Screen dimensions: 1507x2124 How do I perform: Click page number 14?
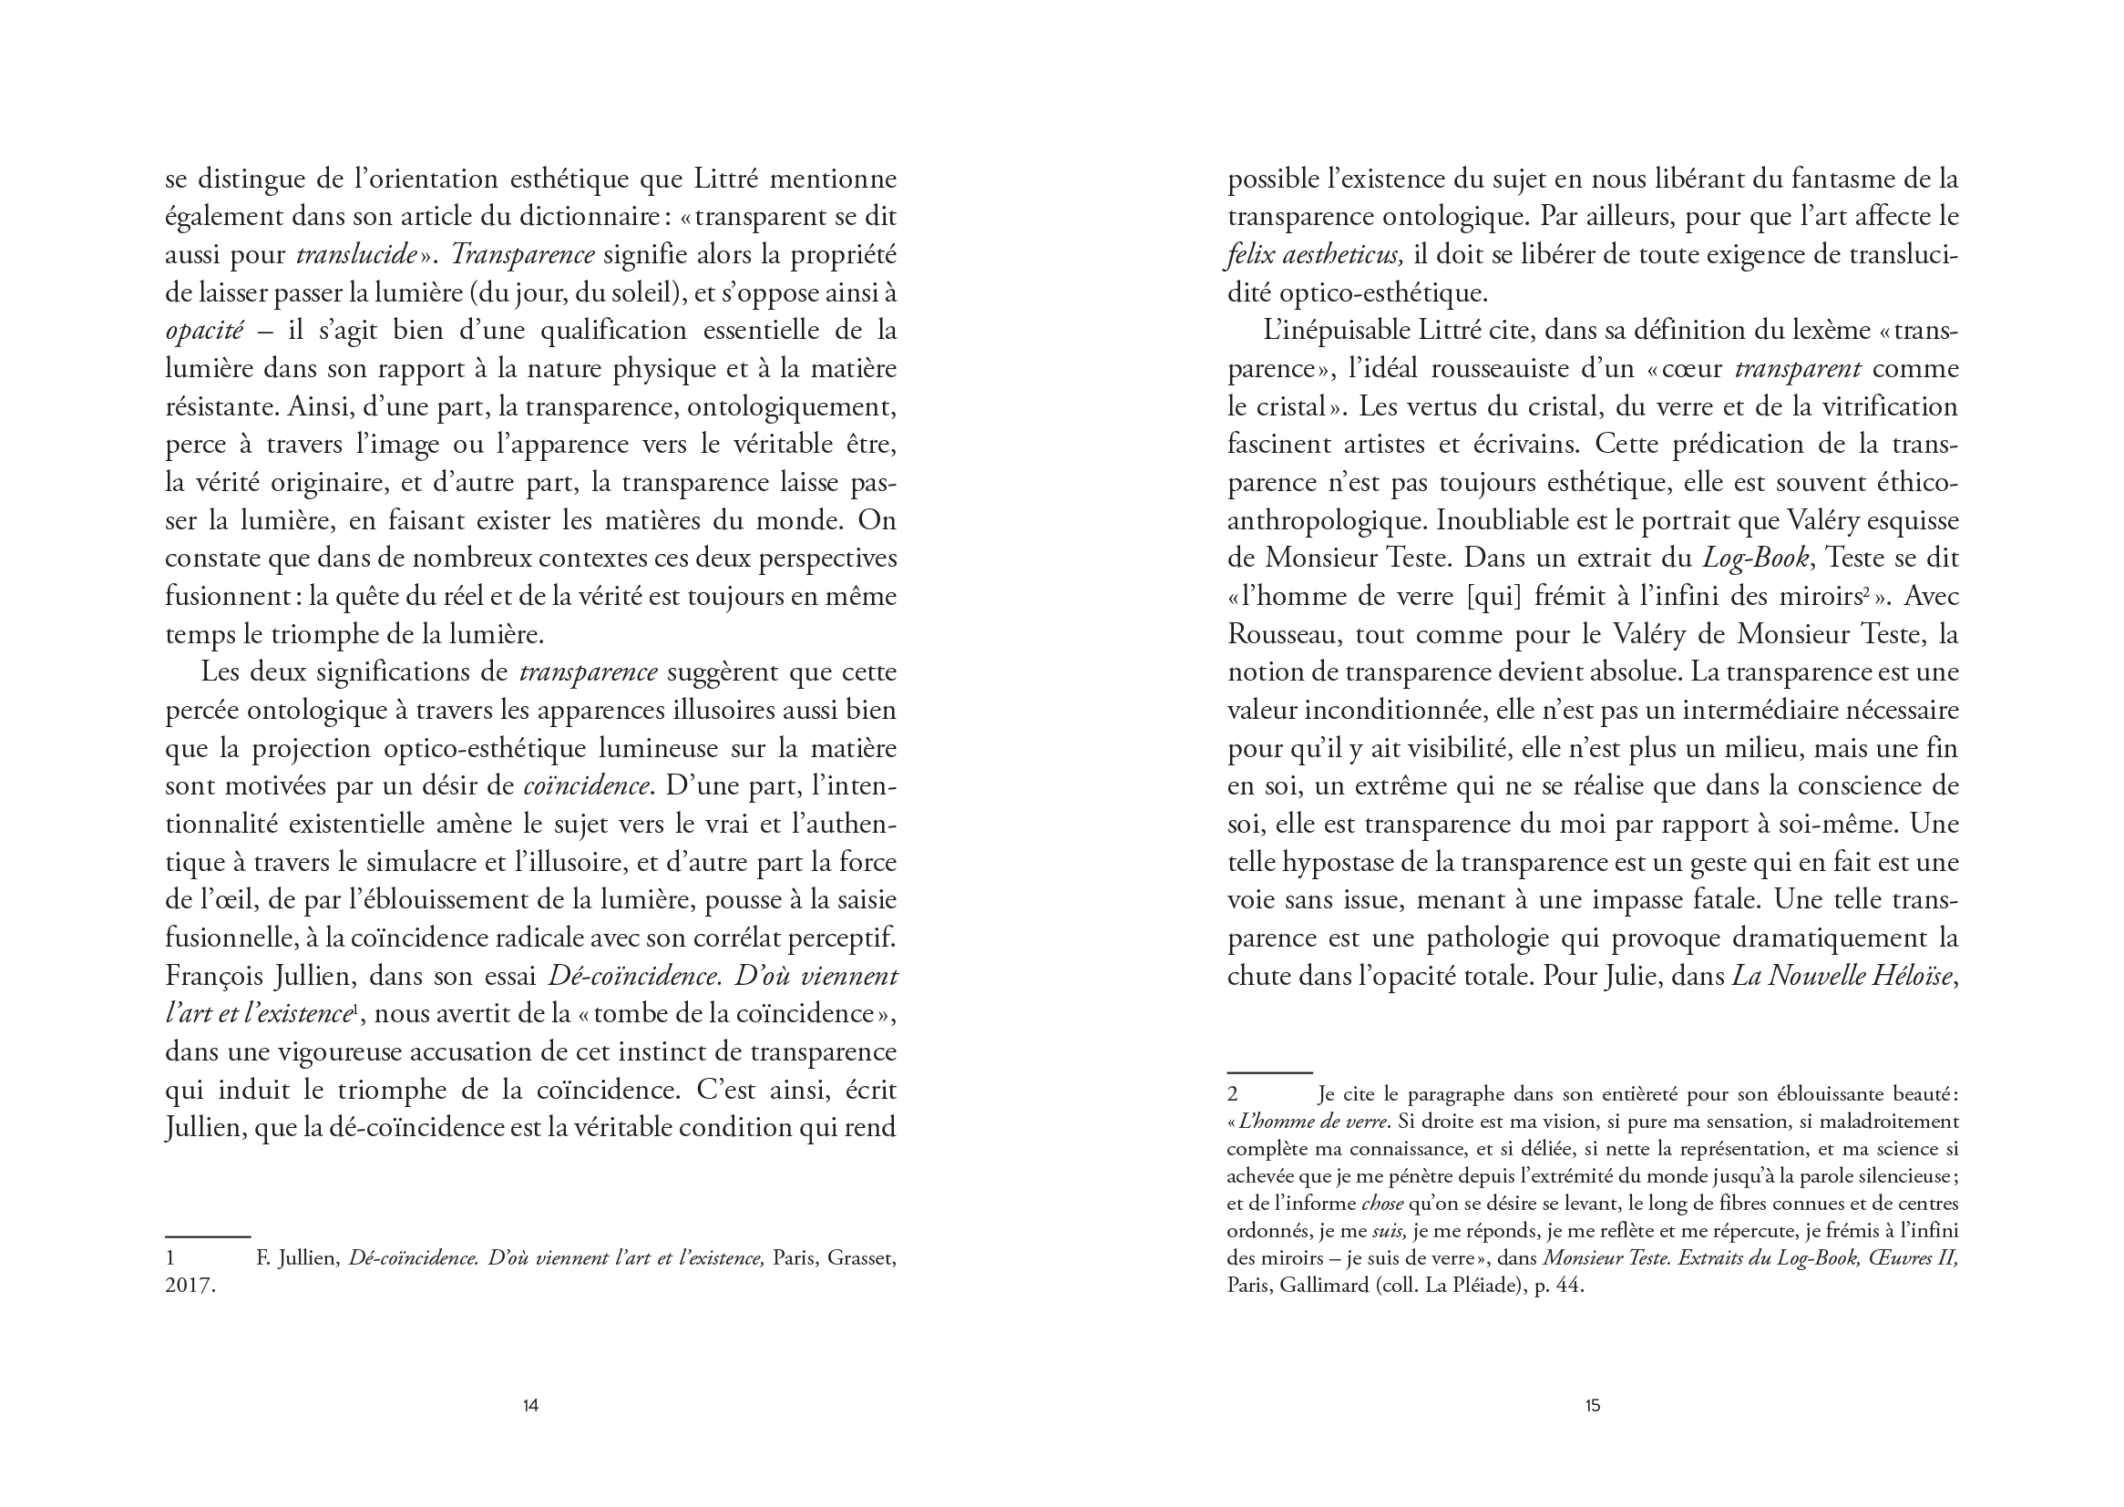(x=530, y=1405)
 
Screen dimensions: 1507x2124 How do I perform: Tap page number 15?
(x=1592, y=1405)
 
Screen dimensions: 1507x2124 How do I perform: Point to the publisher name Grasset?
(x=861, y=1259)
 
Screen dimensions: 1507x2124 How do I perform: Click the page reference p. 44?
(x=1560, y=1287)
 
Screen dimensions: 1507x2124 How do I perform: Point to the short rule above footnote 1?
(x=208, y=1236)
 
